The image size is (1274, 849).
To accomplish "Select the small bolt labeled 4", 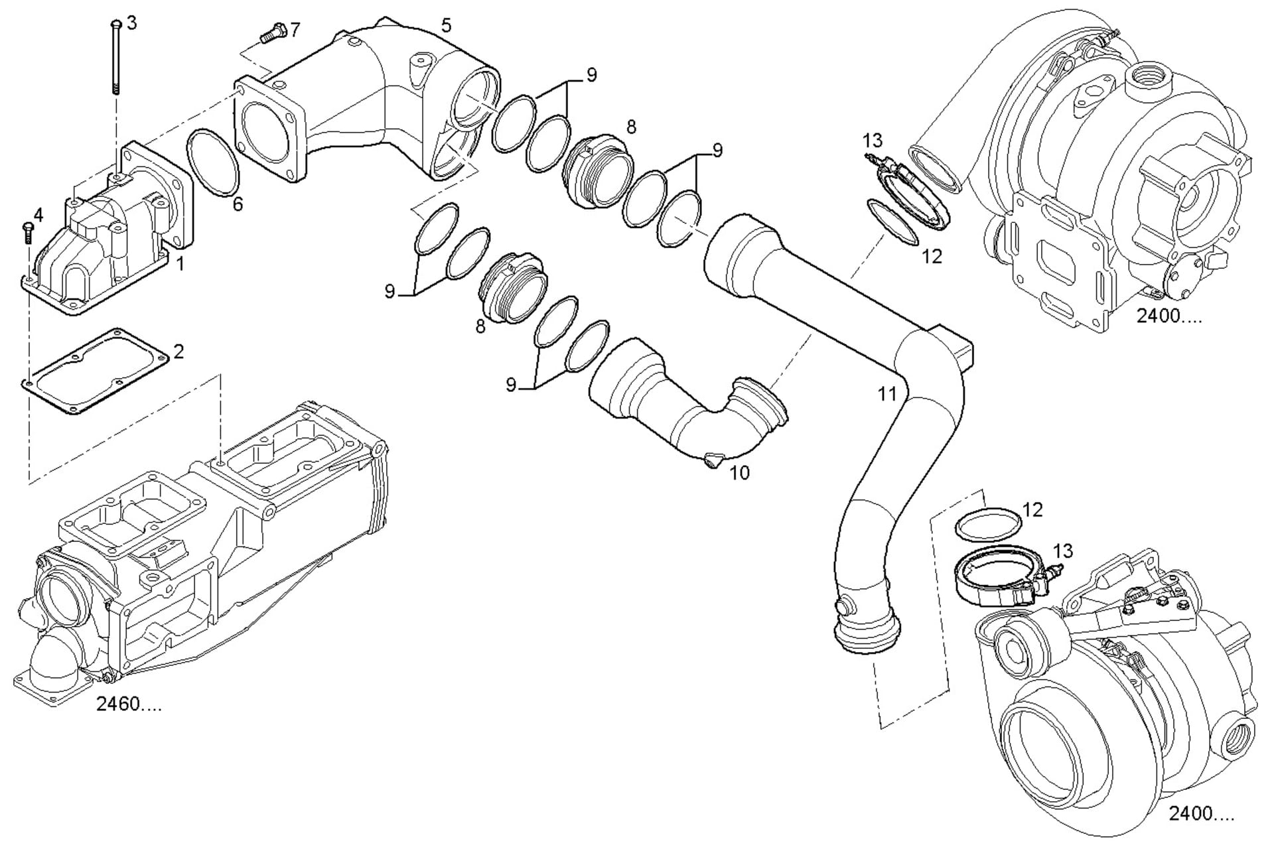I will pyautogui.click(x=27, y=233).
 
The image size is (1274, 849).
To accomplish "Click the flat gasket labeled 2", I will pyautogui.click(x=93, y=371).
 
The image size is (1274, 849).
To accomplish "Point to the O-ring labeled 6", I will pyautogui.click(x=213, y=163).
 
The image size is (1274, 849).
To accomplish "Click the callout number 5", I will pyautogui.click(x=446, y=25).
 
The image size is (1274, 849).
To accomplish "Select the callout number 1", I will pyautogui.click(x=180, y=263).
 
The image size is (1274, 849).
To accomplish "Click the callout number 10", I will pyautogui.click(x=739, y=473).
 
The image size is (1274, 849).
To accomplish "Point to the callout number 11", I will pyautogui.click(x=887, y=393).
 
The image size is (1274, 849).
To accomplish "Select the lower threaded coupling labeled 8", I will pyautogui.click(x=513, y=287).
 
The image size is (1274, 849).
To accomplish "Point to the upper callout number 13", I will pyautogui.click(x=873, y=141).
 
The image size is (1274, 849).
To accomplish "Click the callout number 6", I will pyautogui.click(x=238, y=204).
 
